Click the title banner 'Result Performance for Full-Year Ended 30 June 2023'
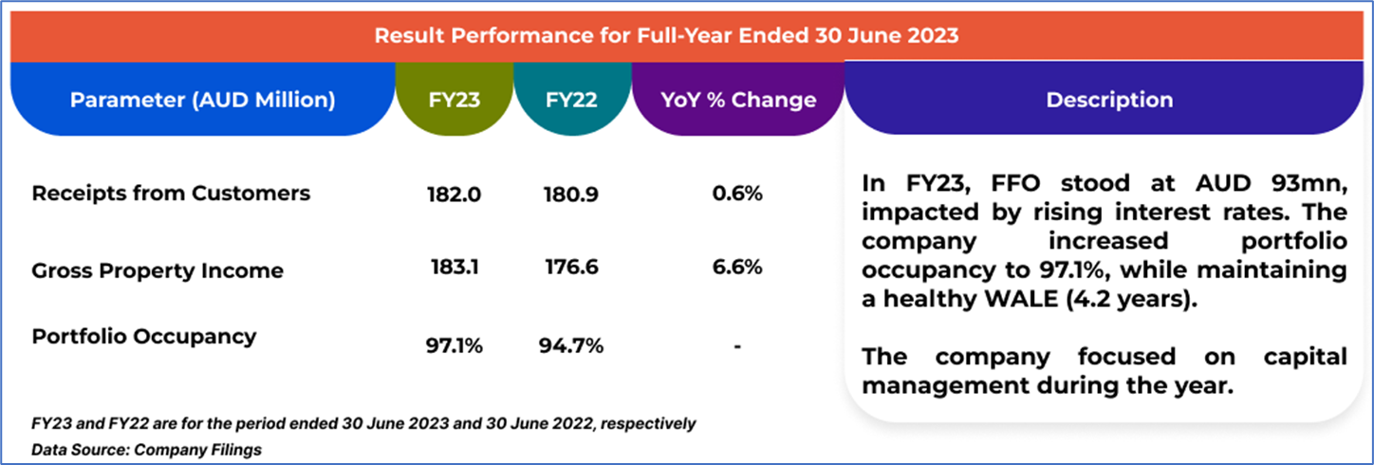[666, 36]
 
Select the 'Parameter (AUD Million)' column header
[202, 100]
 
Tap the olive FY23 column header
[455, 100]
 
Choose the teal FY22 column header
[572, 100]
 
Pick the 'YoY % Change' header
[738, 100]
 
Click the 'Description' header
[1109, 100]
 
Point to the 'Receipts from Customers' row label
[171, 194]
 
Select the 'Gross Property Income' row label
[158, 270]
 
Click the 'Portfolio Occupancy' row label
[144, 336]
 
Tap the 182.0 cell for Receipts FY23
[455, 195]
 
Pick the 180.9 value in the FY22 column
[572, 195]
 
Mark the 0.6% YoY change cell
[738, 195]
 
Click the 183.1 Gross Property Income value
[455, 269]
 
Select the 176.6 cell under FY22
[572, 269]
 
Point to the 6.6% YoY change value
[738, 269]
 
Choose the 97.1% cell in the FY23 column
[455, 346]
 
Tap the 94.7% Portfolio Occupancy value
[572, 346]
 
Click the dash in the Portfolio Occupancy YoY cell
[737, 347]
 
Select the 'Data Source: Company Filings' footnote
[146, 450]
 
